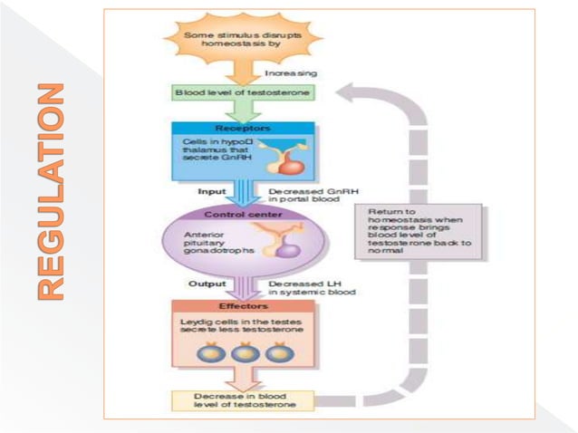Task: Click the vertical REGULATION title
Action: point(52,191)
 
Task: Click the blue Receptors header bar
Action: point(242,128)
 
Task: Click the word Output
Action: point(207,284)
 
